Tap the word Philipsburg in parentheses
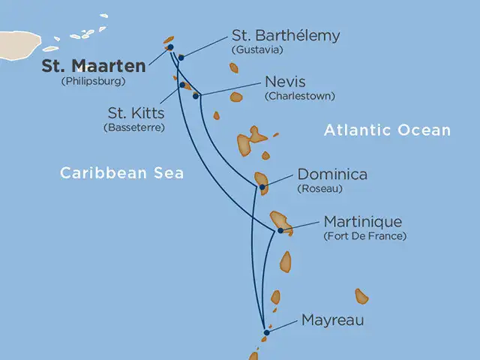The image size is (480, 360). coord(93,81)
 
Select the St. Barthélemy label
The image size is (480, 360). coord(286,36)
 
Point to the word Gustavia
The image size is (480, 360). coord(258,50)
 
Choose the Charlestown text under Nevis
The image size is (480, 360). coord(299,96)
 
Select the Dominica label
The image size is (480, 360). coord(332,174)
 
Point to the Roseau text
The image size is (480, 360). coord(319,189)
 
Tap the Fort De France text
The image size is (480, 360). coord(364,236)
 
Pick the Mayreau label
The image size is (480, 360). coord(332,320)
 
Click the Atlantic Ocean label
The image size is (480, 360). coord(387,130)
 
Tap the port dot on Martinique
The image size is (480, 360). coord(280,230)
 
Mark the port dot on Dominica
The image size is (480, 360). coord(262,187)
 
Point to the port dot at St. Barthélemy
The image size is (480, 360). coord(181,57)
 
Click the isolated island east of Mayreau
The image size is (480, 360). coord(361,296)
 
